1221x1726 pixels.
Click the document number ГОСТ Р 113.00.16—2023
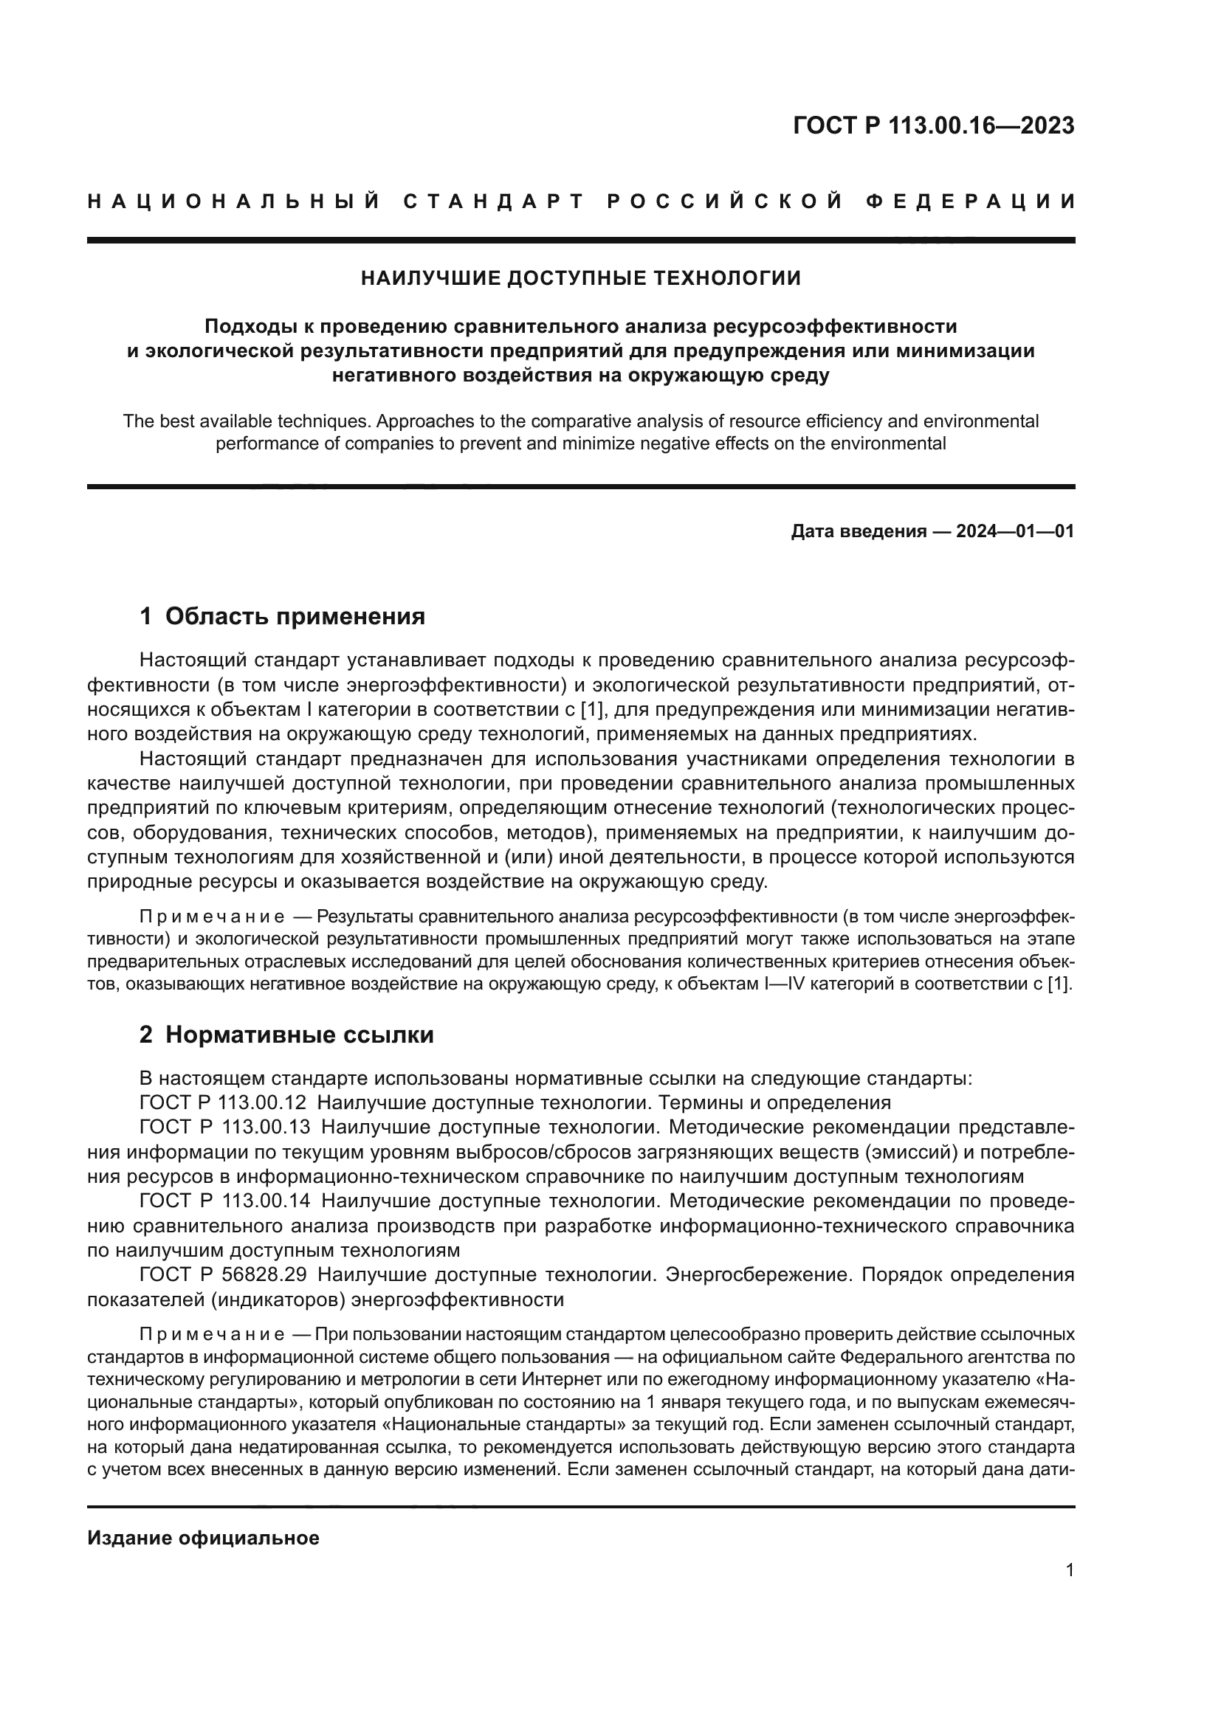click(x=933, y=125)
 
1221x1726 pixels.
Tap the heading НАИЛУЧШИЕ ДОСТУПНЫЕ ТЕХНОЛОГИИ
click(x=580, y=279)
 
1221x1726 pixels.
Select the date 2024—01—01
click(x=1014, y=532)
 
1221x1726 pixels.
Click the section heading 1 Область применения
click(x=282, y=616)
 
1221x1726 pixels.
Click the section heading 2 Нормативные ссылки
click(x=286, y=1035)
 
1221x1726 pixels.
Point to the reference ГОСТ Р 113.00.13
click(x=225, y=1128)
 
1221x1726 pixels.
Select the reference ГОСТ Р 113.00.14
click(x=225, y=1201)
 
